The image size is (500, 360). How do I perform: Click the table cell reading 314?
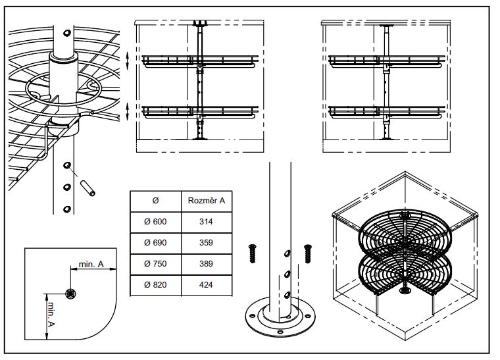point(205,222)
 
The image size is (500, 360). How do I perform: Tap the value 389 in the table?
point(205,264)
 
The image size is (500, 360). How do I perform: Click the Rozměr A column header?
point(205,200)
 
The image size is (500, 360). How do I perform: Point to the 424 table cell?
point(205,285)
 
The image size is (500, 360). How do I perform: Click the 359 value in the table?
point(205,243)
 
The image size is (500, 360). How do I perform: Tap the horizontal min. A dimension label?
point(91,264)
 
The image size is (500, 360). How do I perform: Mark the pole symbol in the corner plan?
point(71,293)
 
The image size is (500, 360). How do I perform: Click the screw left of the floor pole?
point(251,252)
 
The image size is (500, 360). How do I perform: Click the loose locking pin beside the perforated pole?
point(89,187)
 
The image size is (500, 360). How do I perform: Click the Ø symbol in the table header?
point(155,200)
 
